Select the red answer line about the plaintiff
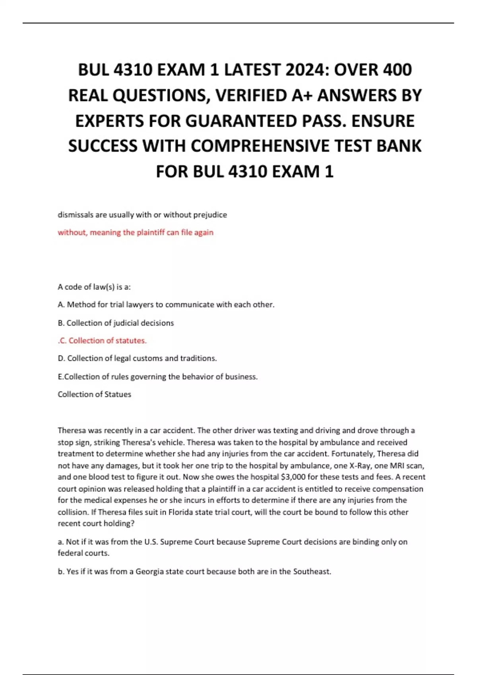point(136,232)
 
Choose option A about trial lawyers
point(166,305)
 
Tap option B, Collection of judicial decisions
point(116,323)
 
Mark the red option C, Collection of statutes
point(103,341)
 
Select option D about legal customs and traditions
point(137,358)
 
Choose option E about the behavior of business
point(157,376)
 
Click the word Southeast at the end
point(312,571)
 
